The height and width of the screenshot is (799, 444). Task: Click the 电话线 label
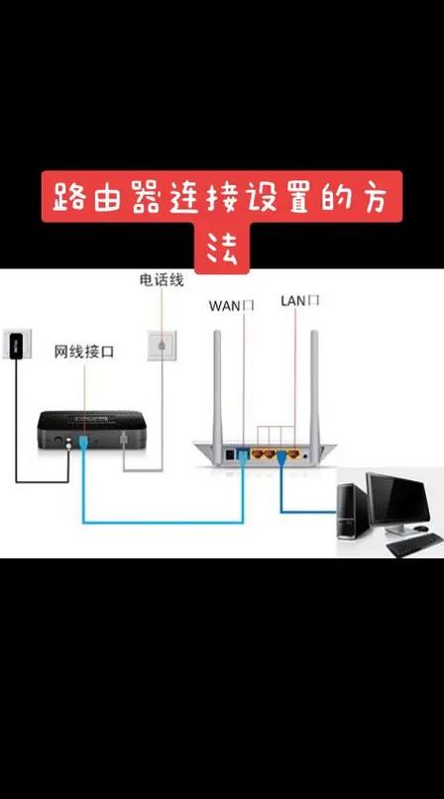click(162, 280)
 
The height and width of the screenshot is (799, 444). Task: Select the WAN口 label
click(231, 305)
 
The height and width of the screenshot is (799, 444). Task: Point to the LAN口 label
click(299, 300)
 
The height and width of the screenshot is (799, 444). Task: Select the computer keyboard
click(413, 546)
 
